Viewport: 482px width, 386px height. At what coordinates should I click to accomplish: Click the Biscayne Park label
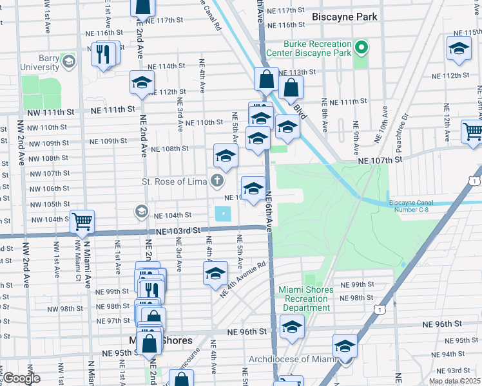pyautogui.click(x=344, y=17)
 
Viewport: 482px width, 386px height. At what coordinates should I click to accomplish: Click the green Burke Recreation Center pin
pyautogui.click(x=361, y=47)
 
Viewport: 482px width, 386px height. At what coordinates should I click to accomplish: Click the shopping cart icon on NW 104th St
pyautogui.click(x=82, y=221)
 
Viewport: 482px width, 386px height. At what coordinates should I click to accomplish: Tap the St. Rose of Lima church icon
pyautogui.click(x=218, y=181)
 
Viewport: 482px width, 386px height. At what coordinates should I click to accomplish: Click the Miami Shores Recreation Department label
pyautogui.click(x=307, y=299)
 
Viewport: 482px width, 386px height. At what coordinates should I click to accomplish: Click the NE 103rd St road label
pyautogui.click(x=175, y=230)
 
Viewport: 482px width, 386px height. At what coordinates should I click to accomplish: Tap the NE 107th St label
pyautogui.click(x=380, y=159)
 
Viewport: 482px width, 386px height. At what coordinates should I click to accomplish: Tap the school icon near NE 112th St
pyautogui.click(x=142, y=82)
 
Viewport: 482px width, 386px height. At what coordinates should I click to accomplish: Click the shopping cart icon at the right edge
pyautogui.click(x=472, y=131)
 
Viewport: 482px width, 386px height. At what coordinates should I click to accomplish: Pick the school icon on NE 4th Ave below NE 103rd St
pyautogui.click(x=215, y=273)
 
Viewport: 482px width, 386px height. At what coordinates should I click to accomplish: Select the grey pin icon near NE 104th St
pyautogui.click(x=140, y=211)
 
